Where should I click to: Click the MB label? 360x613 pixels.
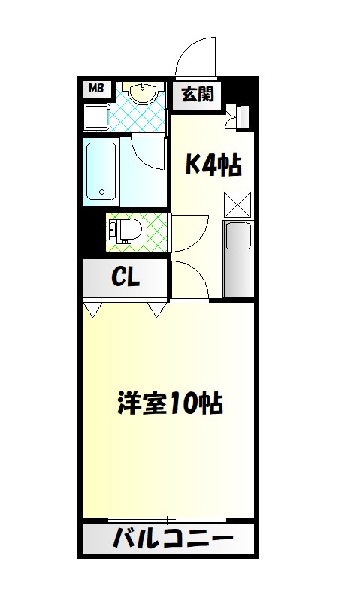[x=95, y=89]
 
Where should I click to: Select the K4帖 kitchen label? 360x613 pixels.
[x=213, y=165]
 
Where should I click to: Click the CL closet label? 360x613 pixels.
[x=126, y=278]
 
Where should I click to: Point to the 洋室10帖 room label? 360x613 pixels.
[x=169, y=403]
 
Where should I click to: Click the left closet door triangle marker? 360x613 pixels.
[x=92, y=308]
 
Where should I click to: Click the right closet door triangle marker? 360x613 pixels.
[x=158, y=308]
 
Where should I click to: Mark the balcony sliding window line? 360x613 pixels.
[x=168, y=520]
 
